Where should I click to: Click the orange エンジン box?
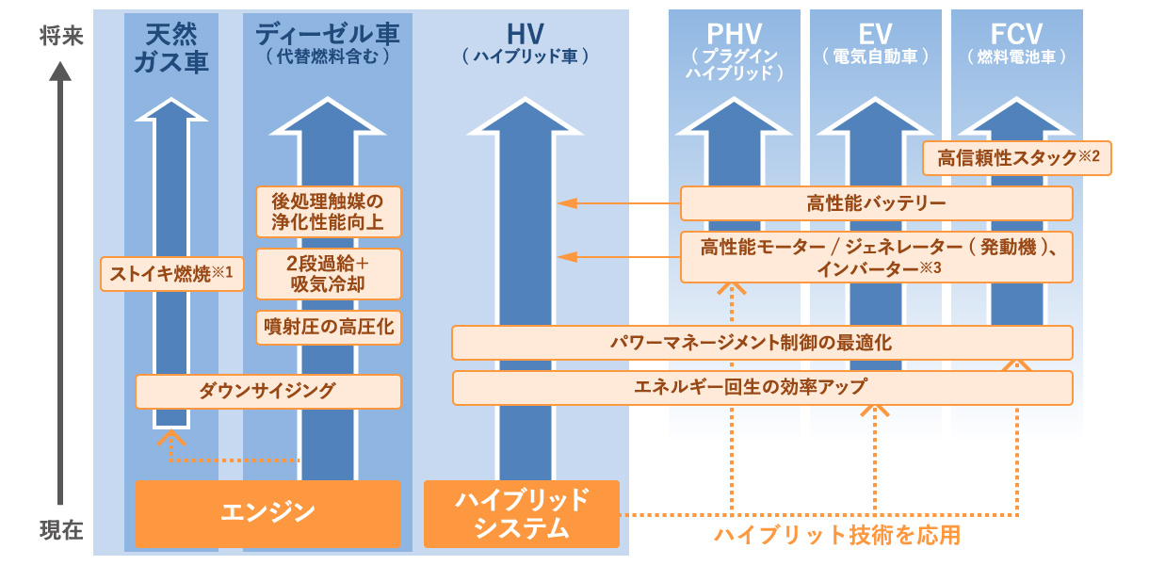pos(267,513)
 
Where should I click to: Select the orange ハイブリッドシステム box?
pos(521,513)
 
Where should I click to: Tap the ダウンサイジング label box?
pos(268,391)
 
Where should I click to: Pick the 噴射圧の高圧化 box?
pos(329,328)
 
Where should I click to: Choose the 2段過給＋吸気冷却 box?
pos(329,273)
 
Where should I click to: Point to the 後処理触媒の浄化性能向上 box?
pos(329,213)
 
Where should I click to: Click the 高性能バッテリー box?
pos(876,203)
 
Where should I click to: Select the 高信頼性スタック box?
pos(1017,158)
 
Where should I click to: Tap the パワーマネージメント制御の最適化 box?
pos(763,343)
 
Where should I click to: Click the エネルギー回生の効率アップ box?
pos(763,387)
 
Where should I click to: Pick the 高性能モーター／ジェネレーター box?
pos(876,257)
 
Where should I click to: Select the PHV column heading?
pos(735,34)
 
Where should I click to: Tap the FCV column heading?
pos(1016,34)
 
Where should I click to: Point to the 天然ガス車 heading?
pos(170,48)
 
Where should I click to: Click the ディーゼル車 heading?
pos(328,34)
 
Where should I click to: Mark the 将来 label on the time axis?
pos(60,37)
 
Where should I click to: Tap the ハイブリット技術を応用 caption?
pos(836,537)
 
